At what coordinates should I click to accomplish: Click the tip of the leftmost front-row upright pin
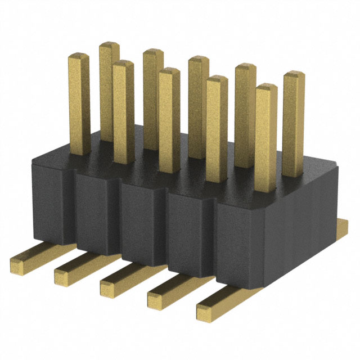point(78,57)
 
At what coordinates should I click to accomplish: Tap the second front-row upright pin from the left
point(123,112)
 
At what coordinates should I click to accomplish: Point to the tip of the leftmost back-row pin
point(110,45)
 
